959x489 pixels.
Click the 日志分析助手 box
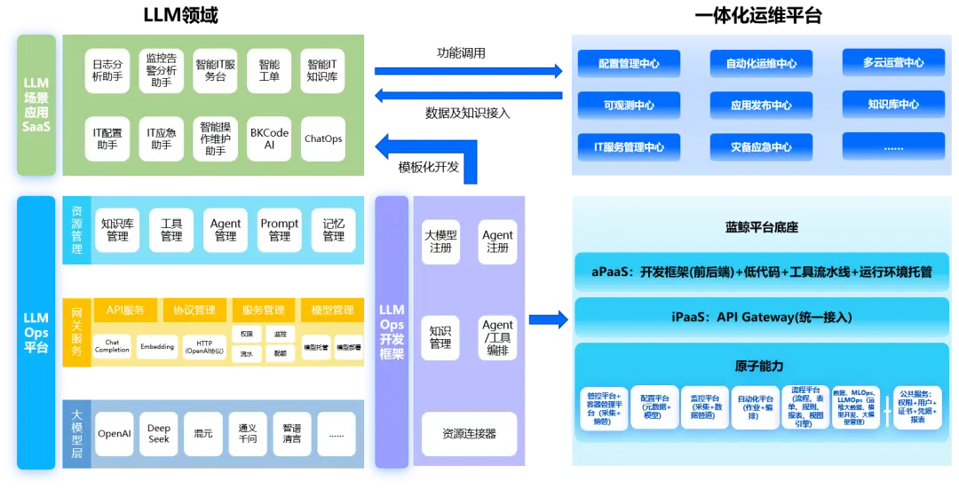[107, 71]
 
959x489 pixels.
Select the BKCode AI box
[269, 138]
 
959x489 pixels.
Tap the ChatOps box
[323, 138]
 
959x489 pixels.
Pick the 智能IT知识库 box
[322, 71]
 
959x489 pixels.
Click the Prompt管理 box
[280, 230]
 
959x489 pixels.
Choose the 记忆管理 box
[333, 230]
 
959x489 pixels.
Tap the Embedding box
[157, 347]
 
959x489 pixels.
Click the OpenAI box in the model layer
[114, 434]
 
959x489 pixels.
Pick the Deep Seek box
[159, 434]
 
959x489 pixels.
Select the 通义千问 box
[248, 434]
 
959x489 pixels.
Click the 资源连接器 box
[469, 434]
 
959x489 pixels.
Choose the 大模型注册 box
[440, 241]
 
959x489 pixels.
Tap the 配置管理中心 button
[629, 64]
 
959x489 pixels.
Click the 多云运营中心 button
[892, 63]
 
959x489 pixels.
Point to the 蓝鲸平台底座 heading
[762, 228]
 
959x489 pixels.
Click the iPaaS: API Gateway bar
[762, 317]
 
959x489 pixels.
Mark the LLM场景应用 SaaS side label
[36, 105]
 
